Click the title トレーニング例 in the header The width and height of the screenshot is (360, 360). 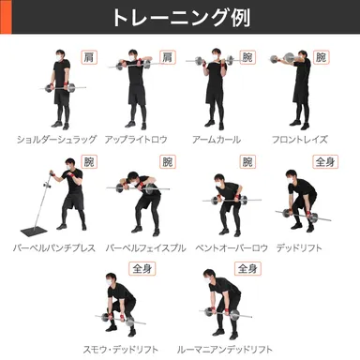coord(180,19)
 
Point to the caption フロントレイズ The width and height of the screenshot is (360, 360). coord(300,139)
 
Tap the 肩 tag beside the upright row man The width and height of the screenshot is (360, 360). coord(167,58)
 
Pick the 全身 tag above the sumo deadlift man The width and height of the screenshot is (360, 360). coord(142,269)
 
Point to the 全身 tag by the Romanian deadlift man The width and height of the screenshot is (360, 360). coord(246,269)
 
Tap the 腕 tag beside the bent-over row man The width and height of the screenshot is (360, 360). coord(247,162)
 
